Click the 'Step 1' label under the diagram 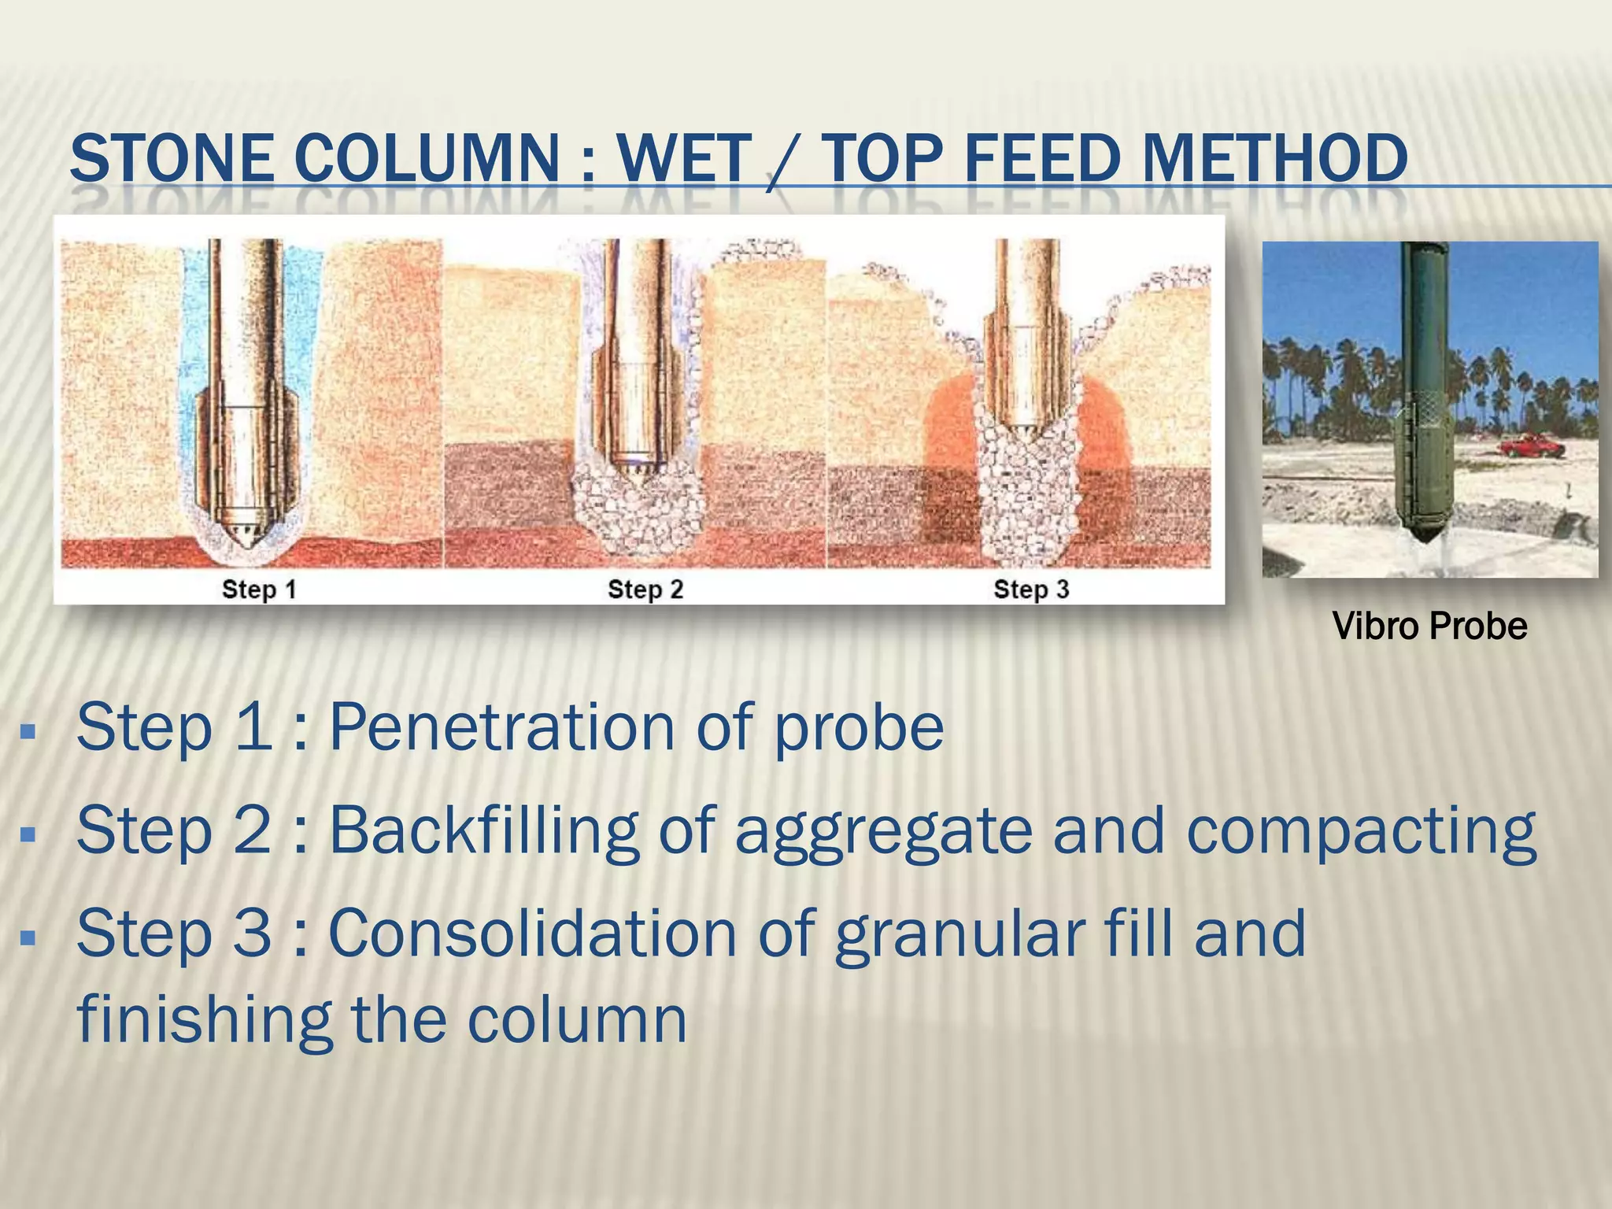coord(258,590)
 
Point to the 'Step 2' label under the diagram coord(645,590)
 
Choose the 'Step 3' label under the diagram coord(1031,590)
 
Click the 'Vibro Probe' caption coord(1429,627)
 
